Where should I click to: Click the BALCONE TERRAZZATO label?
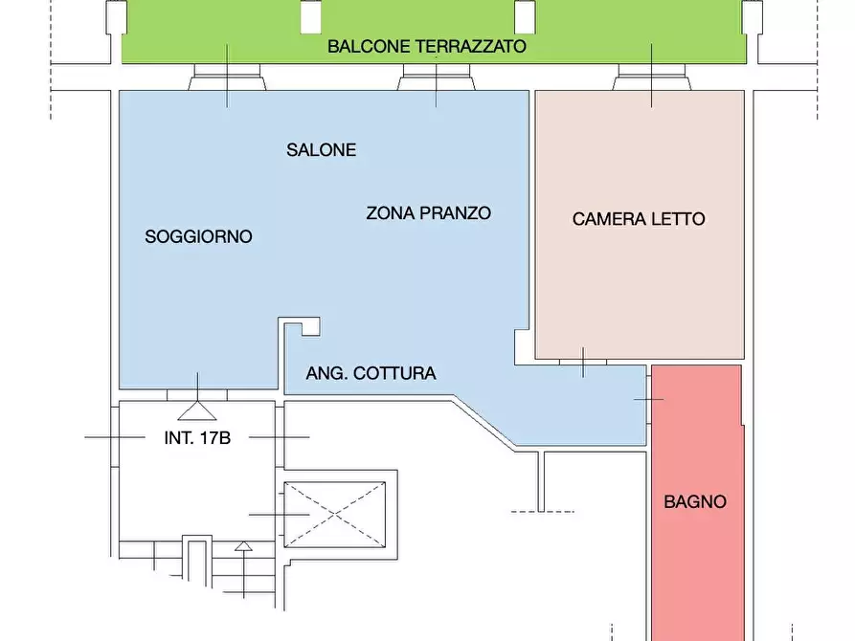[x=427, y=46]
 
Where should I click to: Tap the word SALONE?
[x=321, y=150]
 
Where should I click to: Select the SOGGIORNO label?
[x=198, y=236]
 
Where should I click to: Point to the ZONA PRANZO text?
[x=428, y=213]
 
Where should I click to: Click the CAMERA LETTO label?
[x=639, y=219]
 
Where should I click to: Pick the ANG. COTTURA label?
[x=371, y=373]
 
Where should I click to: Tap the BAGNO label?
[x=695, y=501]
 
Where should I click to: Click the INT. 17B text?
[x=197, y=438]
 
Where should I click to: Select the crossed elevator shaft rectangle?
[x=334, y=515]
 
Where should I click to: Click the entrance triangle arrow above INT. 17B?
[x=198, y=410]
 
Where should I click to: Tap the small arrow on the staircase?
[x=244, y=547]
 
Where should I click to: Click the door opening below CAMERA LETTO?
[x=583, y=361]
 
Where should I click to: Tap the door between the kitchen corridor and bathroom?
[x=649, y=397]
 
